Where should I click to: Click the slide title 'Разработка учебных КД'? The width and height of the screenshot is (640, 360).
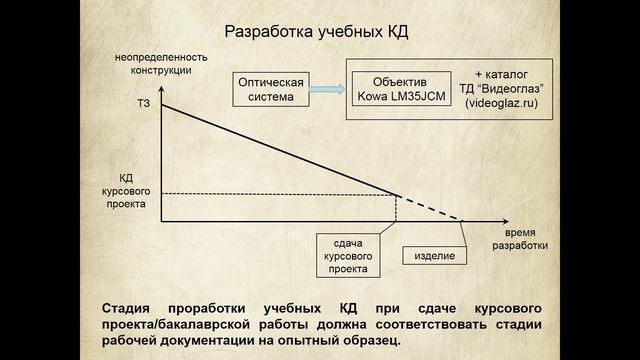(x=315, y=33)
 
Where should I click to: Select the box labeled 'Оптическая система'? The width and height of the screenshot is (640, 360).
(x=270, y=89)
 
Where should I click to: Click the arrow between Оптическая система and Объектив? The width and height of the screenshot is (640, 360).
(x=325, y=89)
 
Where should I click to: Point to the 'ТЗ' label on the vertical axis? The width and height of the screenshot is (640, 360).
(x=142, y=105)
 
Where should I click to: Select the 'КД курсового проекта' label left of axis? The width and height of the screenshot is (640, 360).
(x=132, y=188)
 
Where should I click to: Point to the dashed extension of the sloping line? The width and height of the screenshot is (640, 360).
(x=432, y=208)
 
